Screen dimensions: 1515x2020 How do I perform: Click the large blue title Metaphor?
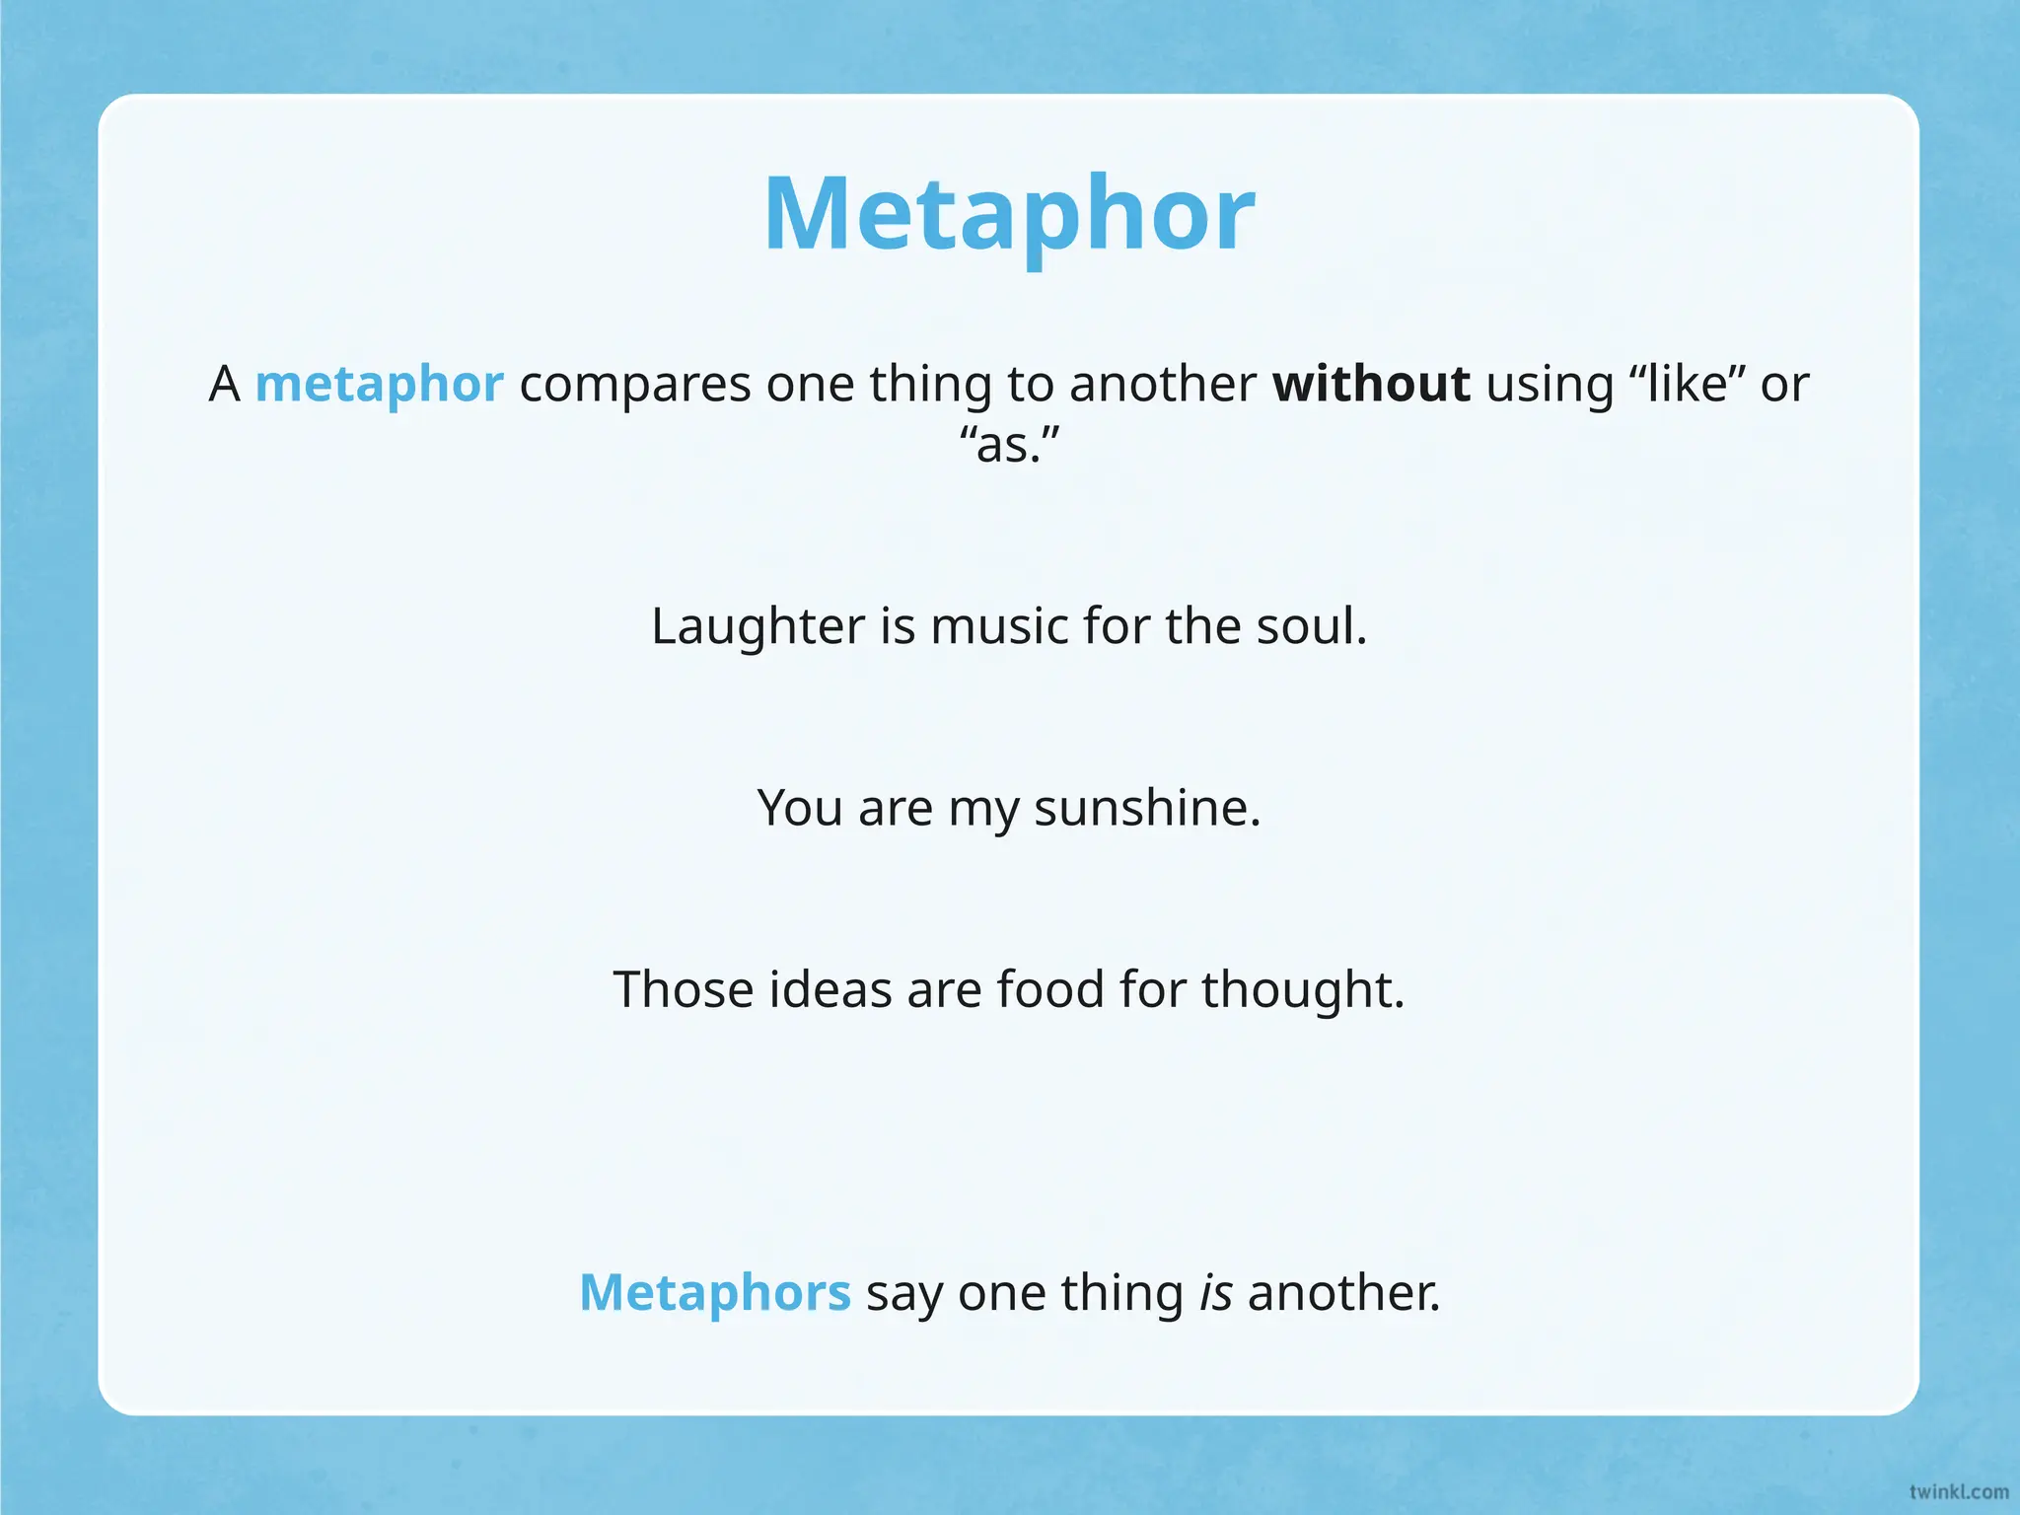pyautogui.click(x=1009, y=214)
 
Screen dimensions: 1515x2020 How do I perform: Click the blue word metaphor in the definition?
pyautogui.click(x=379, y=385)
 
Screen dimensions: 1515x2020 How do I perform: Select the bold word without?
pyautogui.click(x=1371, y=384)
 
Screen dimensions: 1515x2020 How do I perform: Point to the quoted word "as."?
pyautogui.click(x=1009, y=444)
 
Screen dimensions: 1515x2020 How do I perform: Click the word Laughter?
pyautogui.click(x=757, y=625)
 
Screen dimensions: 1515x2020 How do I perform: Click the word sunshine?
pyautogui.click(x=1146, y=808)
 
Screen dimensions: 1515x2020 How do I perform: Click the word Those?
pyautogui.click(x=683, y=989)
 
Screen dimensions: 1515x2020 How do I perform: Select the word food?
pyautogui.click(x=1049, y=989)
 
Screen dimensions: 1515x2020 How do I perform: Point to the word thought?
pyautogui.click(x=1302, y=989)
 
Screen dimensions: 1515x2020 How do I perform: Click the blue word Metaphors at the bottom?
pyautogui.click(x=714, y=1292)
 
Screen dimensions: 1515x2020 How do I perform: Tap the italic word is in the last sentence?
pyautogui.click(x=1215, y=1292)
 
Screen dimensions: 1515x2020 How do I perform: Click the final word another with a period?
pyautogui.click(x=1343, y=1292)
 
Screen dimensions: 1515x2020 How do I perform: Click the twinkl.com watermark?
pyautogui.click(x=1958, y=1491)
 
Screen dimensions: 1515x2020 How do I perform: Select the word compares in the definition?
pyautogui.click(x=634, y=385)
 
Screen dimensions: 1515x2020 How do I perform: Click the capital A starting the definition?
pyautogui.click(x=225, y=384)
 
